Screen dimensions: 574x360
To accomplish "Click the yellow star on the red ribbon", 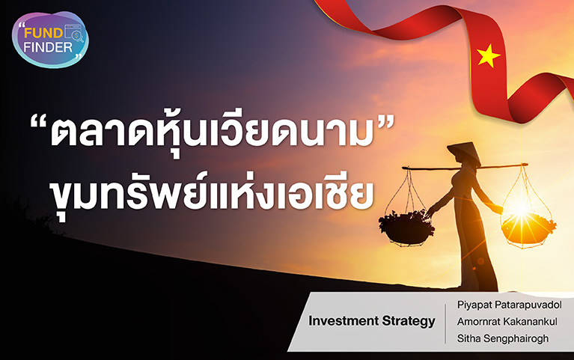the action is pyautogui.click(x=488, y=55).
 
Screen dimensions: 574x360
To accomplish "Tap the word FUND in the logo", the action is pyautogui.click(x=44, y=34).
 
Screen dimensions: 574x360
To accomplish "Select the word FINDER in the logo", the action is pyautogui.click(x=48, y=47).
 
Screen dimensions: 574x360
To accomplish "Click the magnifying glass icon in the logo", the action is pyautogui.click(x=78, y=36).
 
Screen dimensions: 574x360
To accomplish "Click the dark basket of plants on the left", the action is pyautogui.click(x=406, y=227).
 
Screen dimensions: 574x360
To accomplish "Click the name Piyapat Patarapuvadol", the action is pyautogui.click(x=509, y=305).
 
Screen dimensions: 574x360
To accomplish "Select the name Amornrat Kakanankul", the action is pyautogui.click(x=507, y=322).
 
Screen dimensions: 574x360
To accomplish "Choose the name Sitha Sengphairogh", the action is pyautogui.click(x=503, y=338).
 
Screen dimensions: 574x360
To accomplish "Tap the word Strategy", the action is pyautogui.click(x=409, y=322).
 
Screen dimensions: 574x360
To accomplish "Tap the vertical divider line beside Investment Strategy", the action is pyautogui.click(x=445, y=324).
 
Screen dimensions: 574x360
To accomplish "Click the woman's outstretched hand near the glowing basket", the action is pyautogui.click(x=497, y=210).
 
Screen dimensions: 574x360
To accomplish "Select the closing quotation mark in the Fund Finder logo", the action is pyautogui.click(x=78, y=55).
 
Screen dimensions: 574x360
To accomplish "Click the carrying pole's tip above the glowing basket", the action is pyautogui.click(x=527, y=165).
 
